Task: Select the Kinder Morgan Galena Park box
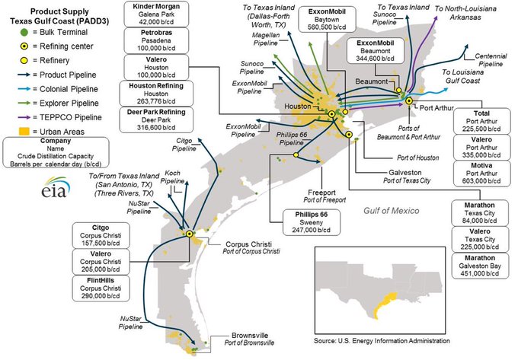[156, 14]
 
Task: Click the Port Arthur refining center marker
[409, 100]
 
